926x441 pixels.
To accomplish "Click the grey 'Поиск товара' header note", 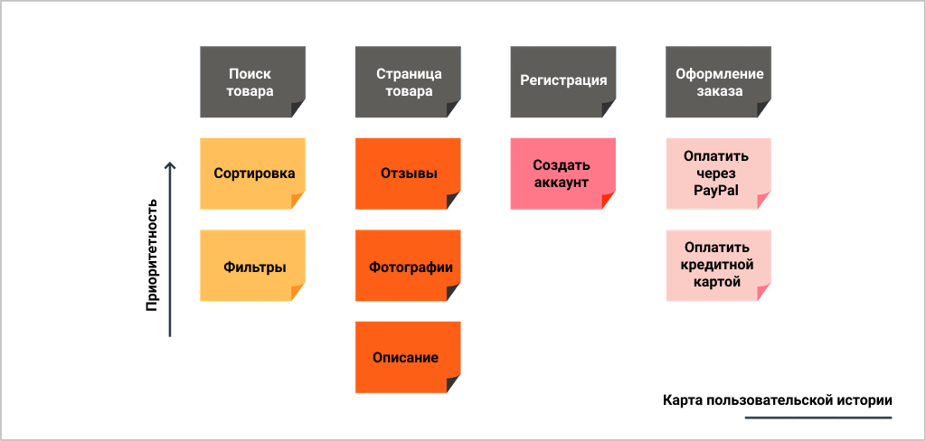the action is pos(253,82).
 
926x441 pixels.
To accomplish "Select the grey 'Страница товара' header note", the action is pos(408,82).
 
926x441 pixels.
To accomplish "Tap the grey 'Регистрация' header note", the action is pos(563,82).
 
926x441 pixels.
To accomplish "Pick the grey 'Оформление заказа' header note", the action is pos(719,82).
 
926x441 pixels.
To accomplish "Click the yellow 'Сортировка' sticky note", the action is pos(253,174).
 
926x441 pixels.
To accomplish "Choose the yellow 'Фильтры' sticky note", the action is pos(253,266).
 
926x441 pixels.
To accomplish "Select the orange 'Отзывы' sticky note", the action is pos(408,174).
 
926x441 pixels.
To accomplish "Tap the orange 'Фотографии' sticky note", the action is pos(408,266).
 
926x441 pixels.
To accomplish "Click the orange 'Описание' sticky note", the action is pos(408,357).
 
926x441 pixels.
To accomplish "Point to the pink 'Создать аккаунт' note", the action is pos(563,174).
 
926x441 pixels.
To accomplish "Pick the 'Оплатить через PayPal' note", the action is pos(719,174).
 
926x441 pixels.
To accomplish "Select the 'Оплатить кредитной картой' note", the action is pos(719,266).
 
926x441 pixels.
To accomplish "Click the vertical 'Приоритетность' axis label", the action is pos(152,255).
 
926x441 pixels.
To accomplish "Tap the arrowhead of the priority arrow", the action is pos(170,165).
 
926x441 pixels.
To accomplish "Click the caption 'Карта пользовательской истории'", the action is pos(777,399).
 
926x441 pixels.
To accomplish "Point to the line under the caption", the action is pos(817,418).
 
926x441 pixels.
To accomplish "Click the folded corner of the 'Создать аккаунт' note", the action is pos(609,202).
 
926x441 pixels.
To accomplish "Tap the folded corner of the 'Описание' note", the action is pos(454,385).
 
